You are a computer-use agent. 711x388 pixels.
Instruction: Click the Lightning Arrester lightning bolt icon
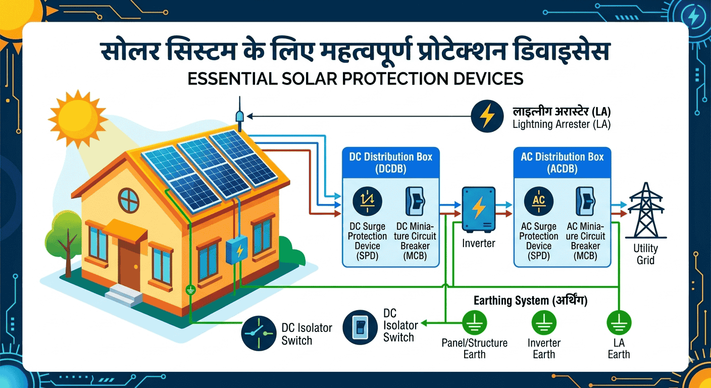[x=487, y=117]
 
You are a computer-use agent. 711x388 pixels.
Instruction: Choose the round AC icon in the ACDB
[x=539, y=201]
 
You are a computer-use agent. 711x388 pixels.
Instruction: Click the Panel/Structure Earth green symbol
[x=475, y=322]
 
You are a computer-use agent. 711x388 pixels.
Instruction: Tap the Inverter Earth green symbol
[x=544, y=322]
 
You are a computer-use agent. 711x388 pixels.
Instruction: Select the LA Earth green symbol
[x=619, y=322]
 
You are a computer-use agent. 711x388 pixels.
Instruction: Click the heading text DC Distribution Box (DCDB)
[x=391, y=163]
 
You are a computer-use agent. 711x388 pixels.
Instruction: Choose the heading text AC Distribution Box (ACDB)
[x=562, y=163]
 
